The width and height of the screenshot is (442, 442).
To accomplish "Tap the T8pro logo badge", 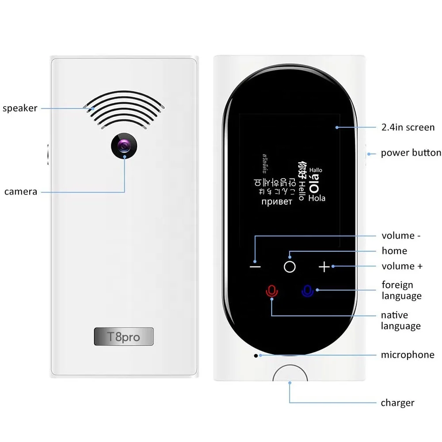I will pyautogui.click(x=124, y=337).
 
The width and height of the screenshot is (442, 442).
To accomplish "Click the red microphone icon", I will pyautogui.click(x=271, y=291).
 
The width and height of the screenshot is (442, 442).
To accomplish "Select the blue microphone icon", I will pyautogui.click(x=308, y=291).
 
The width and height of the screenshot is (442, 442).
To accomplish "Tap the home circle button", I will pyautogui.click(x=290, y=267).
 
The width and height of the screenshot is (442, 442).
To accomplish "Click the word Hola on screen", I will pyautogui.click(x=316, y=198).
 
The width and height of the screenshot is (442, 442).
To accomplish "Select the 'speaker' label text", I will pyautogui.click(x=20, y=108).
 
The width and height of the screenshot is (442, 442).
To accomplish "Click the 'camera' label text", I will pyautogui.click(x=21, y=191).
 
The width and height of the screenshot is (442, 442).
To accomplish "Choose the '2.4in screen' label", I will pyautogui.click(x=408, y=127).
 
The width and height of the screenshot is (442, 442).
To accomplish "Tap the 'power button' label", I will pyautogui.click(x=411, y=153).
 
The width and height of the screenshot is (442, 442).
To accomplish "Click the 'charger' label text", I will pyautogui.click(x=397, y=403).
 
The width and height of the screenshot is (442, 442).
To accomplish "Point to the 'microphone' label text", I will pyautogui.click(x=408, y=354).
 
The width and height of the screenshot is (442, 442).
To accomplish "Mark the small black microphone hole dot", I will pyautogui.click(x=255, y=355).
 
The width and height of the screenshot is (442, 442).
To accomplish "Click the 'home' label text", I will pyautogui.click(x=394, y=251).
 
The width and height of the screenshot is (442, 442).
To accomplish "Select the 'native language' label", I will pyautogui.click(x=400, y=320).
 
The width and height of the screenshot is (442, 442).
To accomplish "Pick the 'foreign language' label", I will pyautogui.click(x=401, y=290).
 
